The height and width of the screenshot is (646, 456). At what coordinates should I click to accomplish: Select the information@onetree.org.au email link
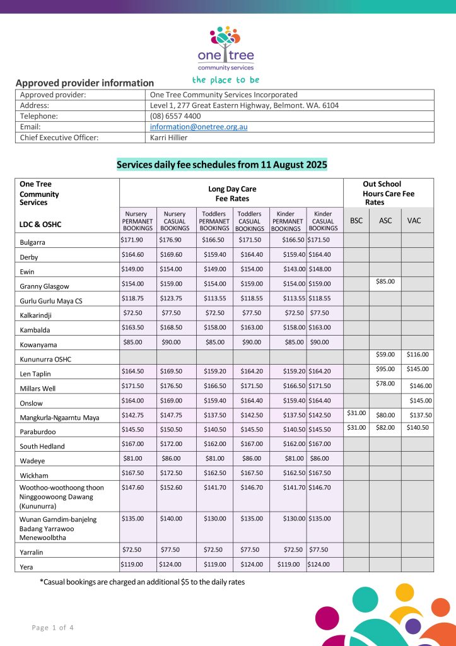point(199,127)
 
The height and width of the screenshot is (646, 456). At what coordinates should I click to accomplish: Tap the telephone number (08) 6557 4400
point(175,116)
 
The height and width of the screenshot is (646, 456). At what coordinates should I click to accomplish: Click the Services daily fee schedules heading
point(222,165)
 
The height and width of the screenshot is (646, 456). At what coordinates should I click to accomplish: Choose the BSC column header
point(356,221)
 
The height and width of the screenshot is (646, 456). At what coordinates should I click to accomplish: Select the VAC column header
point(414,221)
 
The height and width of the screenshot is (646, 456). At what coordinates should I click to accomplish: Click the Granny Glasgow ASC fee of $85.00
point(385,281)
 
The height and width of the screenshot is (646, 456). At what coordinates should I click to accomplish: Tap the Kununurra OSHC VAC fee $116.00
point(417,355)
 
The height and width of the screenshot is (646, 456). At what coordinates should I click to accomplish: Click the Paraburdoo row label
point(38,432)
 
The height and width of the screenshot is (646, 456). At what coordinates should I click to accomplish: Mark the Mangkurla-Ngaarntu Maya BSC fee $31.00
point(356,413)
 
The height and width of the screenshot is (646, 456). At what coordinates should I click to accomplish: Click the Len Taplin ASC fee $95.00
point(385,369)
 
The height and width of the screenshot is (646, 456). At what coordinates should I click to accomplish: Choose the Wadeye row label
point(32,461)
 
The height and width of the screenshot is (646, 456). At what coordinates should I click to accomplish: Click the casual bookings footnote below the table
point(142,582)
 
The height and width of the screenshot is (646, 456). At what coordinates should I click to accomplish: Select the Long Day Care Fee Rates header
point(231,194)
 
